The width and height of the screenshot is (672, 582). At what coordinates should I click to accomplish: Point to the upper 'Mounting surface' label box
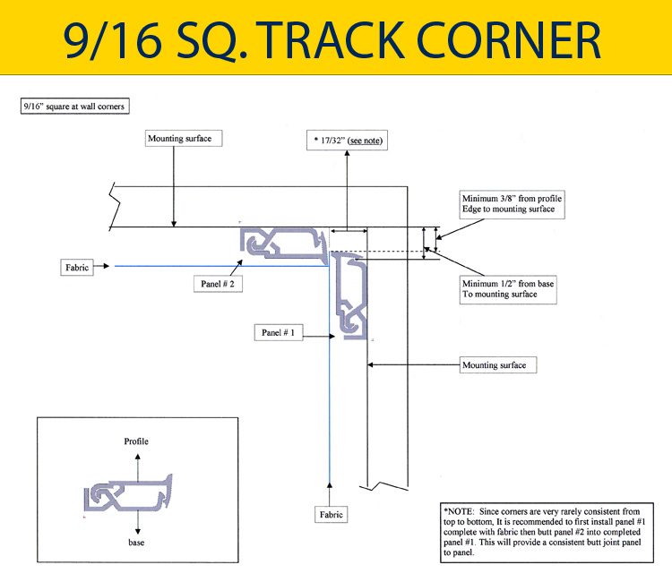coord(181,139)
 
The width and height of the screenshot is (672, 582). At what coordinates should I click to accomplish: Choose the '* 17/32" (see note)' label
coord(346,141)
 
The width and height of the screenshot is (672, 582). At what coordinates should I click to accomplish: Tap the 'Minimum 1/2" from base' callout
coord(506,288)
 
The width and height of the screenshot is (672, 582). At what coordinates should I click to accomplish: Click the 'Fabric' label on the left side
coord(78,266)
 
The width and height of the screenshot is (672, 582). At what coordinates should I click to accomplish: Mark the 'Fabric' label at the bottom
coord(331,515)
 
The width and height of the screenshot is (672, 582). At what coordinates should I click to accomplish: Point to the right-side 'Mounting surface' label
coord(494,365)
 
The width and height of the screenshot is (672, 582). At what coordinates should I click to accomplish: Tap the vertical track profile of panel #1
coord(350,295)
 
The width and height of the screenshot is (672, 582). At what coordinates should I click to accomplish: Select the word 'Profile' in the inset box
coord(136,441)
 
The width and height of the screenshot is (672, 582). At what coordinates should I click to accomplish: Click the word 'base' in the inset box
coord(136,543)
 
